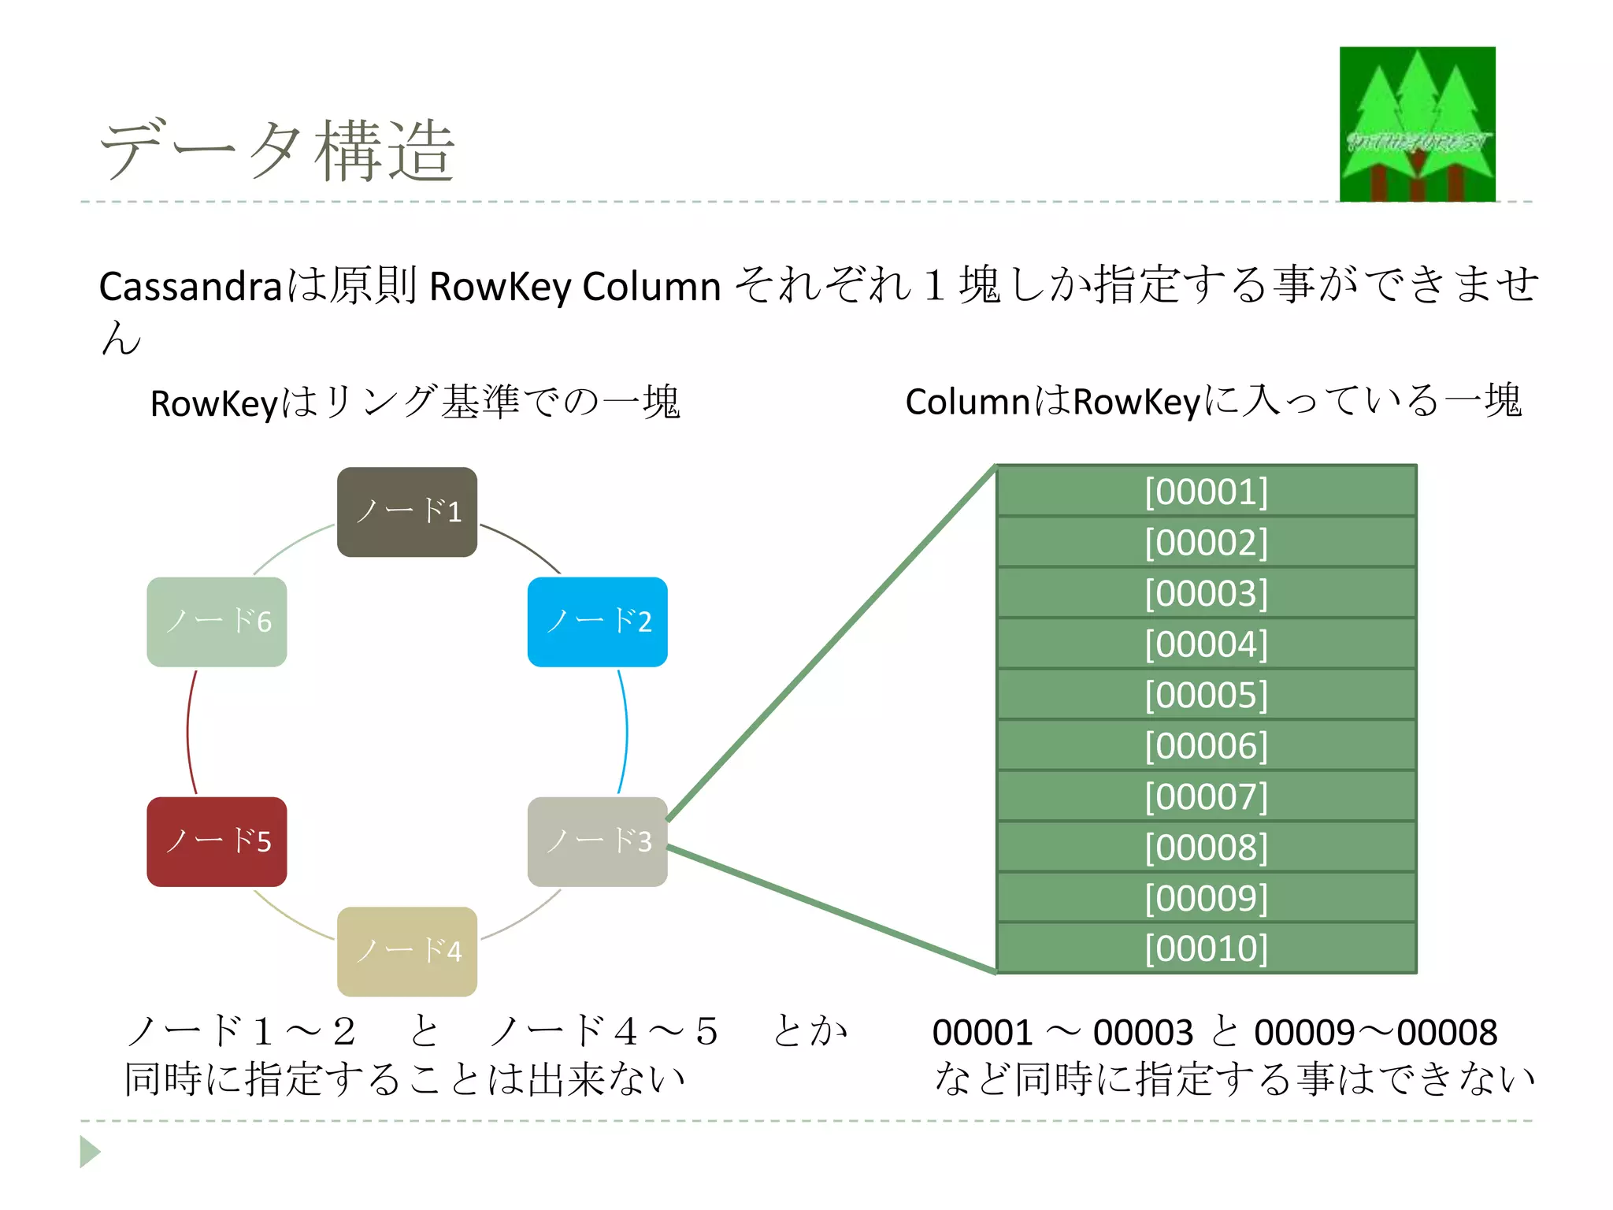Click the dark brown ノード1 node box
click(x=407, y=512)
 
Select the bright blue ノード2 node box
click(x=598, y=622)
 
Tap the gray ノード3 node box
click(x=598, y=841)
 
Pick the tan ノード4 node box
click(x=407, y=952)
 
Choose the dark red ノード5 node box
click(x=217, y=841)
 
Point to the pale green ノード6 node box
click(x=217, y=622)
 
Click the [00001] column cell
click(x=1206, y=492)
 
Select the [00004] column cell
click(x=1206, y=644)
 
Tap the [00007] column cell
click(x=1206, y=796)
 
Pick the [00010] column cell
click(x=1206, y=948)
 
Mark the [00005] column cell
click(x=1206, y=695)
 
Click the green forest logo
click(x=1417, y=124)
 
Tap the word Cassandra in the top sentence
click(x=190, y=286)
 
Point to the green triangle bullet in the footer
click(x=90, y=1152)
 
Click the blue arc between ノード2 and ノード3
click(x=625, y=733)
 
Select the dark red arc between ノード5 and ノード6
click(x=189, y=733)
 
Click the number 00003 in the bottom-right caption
click(x=1143, y=1032)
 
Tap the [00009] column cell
click(x=1206, y=897)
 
